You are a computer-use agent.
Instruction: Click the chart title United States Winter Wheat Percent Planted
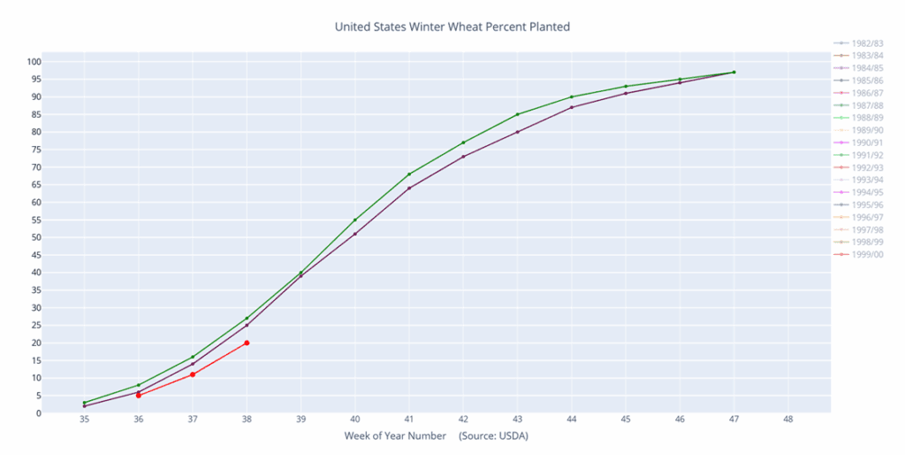[x=452, y=27]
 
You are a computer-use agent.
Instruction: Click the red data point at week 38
[x=247, y=343]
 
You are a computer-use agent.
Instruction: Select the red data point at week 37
[x=193, y=374]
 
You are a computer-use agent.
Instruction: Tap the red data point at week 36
[x=139, y=396]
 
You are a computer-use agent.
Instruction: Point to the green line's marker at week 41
[x=409, y=174]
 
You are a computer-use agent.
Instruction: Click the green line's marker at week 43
[x=517, y=114]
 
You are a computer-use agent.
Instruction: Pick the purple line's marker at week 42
[x=463, y=157]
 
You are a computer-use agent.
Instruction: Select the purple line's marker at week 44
[x=572, y=107]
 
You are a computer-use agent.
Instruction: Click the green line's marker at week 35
[x=84, y=403]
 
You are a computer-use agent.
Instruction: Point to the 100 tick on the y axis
[x=58, y=62]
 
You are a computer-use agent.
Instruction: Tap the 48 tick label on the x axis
[x=788, y=420]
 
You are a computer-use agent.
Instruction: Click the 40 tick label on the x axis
[x=354, y=420]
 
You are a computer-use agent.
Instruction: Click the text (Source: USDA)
[x=493, y=436]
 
